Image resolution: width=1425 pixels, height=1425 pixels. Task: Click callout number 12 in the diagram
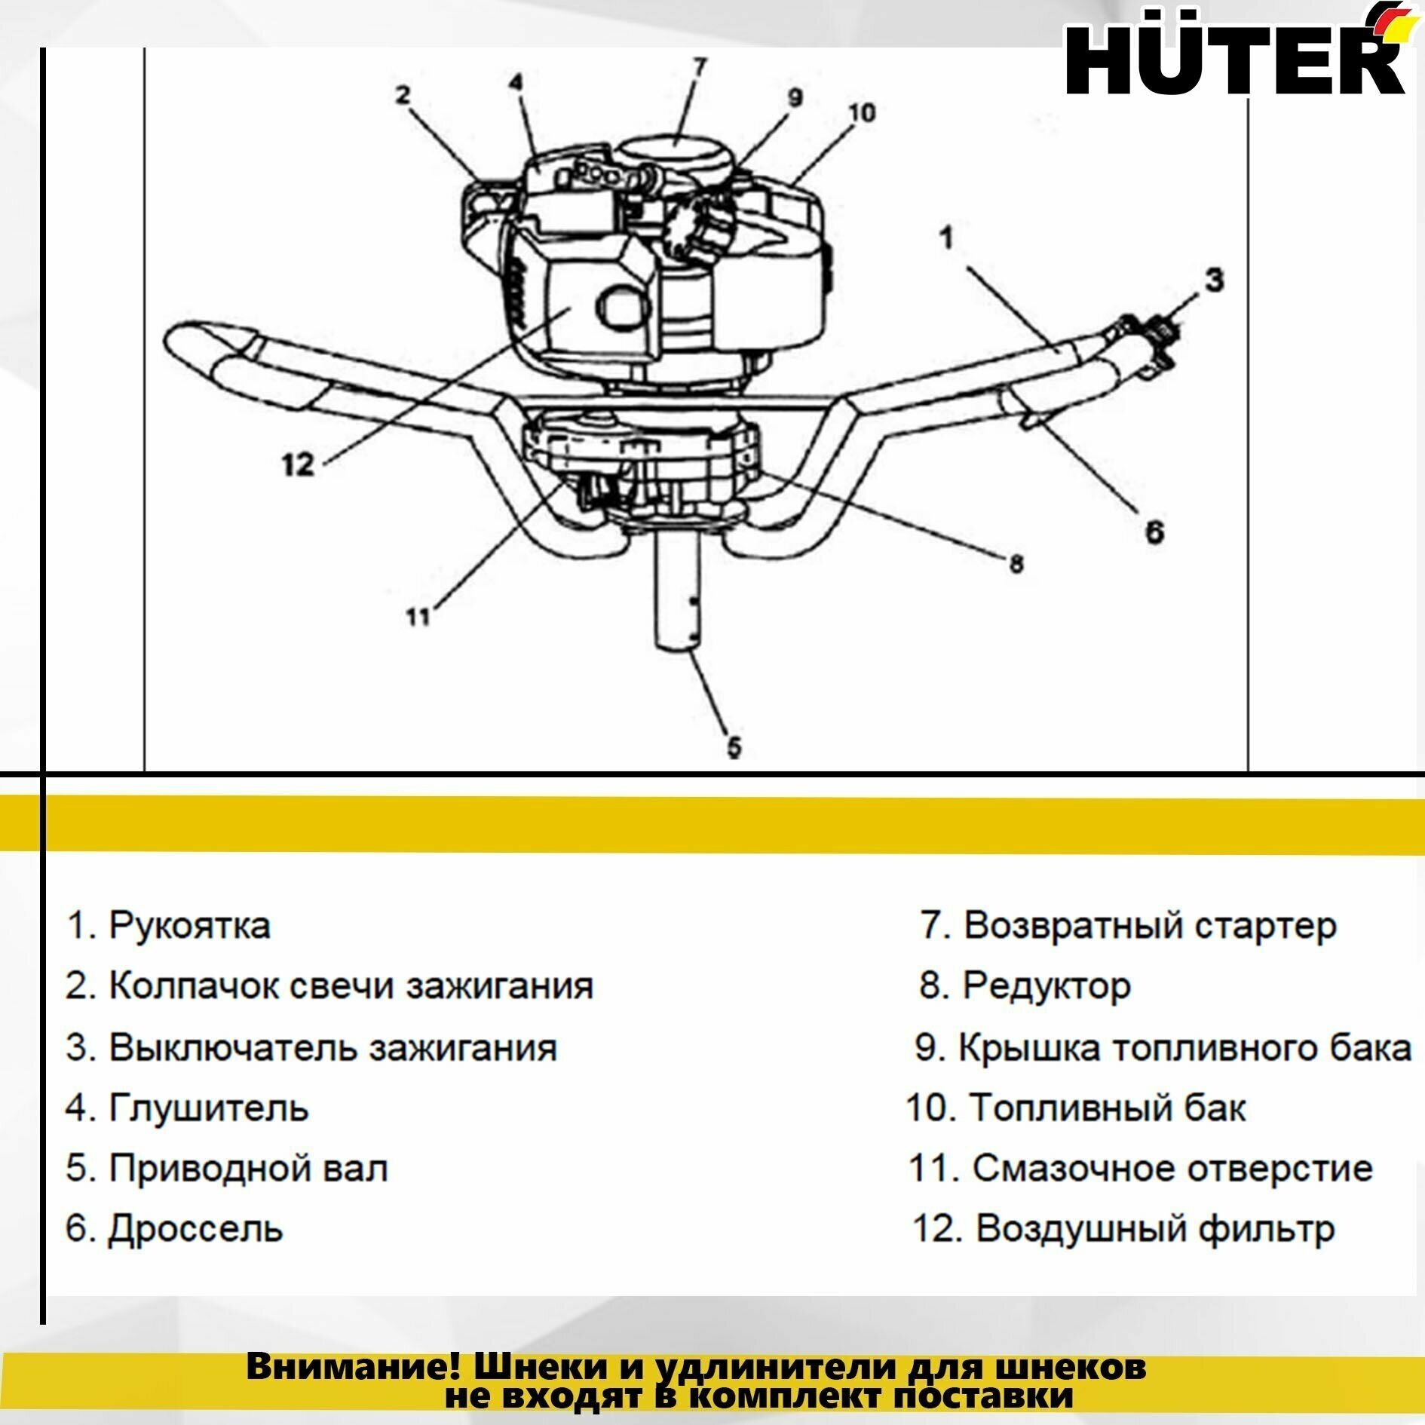[297, 464]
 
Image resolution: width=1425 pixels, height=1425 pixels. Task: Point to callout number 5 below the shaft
[734, 747]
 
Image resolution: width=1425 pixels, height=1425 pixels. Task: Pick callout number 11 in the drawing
[418, 617]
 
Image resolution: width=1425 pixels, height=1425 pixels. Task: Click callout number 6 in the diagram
[1154, 532]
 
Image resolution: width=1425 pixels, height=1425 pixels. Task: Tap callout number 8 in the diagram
[1016, 563]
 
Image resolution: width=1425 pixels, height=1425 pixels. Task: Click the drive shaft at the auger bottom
[677, 596]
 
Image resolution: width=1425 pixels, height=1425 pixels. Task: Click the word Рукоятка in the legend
[189, 925]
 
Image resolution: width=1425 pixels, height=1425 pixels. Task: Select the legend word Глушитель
[209, 1108]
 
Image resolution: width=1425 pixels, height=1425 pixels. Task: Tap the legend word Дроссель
[195, 1229]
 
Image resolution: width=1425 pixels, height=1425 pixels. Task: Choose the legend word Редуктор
[1047, 986]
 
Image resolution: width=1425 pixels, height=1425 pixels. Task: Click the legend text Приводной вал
[249, 1169]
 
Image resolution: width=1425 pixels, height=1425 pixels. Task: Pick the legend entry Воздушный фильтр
[1155, 1229]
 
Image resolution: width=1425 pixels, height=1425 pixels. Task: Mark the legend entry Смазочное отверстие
[1172, 1169]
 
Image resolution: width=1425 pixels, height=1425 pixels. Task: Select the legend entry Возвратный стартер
[1150, 925]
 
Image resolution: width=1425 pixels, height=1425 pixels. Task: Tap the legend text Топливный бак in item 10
[1107, 1108]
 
